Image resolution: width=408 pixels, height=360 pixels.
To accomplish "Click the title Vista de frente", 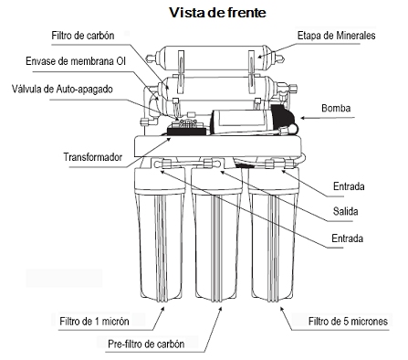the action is (x=217, y=13).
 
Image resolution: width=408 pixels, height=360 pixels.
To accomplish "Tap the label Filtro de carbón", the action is (x=83, y=36).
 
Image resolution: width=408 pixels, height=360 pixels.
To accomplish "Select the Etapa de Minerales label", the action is (x=336, y=36).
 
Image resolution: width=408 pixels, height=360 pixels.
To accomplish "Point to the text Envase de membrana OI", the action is (x=76, y=61).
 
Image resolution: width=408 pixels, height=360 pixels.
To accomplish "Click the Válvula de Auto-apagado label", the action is (x=62, y=90).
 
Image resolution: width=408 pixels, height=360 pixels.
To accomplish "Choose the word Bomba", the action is (x=336, y=108).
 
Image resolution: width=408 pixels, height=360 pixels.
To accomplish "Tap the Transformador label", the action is (x=93, y=157).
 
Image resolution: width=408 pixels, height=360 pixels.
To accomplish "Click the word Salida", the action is (x=345, y=211).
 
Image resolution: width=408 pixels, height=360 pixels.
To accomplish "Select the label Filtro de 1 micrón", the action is (x=94, y=322).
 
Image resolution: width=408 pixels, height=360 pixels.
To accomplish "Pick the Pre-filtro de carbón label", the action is (x=146, y=344).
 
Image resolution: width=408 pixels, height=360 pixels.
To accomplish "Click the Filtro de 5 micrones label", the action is (x=348, y=322).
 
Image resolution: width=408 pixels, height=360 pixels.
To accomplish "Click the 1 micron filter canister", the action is (x=160, y=235).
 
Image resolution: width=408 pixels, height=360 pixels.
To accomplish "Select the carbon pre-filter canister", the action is (x=216, y=235).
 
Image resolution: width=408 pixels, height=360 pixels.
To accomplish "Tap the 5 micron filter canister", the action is (x=273, y=235).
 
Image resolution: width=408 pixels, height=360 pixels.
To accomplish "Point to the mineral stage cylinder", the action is (x=215, y=58).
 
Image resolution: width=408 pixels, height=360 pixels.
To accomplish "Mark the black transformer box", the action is (x=186, y=131).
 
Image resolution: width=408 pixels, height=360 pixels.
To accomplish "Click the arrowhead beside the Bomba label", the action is (x=303, y=118).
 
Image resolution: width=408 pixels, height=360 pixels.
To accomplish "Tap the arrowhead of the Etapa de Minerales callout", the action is (x=260, y=56).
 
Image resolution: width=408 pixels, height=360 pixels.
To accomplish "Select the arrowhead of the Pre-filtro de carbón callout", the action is (x=220, y=309).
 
